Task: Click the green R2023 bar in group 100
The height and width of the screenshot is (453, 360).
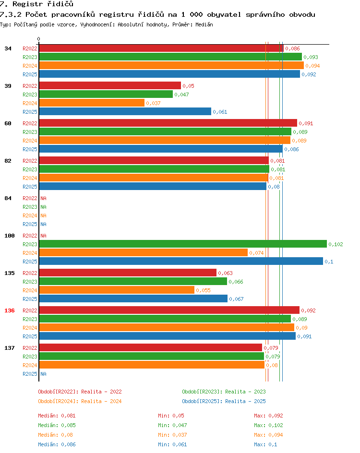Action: click(x=183, y=244)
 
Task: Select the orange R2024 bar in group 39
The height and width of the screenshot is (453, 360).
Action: click(x=92, y=103)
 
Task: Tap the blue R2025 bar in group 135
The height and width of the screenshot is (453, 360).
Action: click(x=133, y=299)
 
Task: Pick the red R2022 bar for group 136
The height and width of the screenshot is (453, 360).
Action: click(x=169, y=310)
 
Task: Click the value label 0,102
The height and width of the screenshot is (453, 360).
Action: click(x=336, y=244)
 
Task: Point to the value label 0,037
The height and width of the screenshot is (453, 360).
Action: click(x=153, y=104)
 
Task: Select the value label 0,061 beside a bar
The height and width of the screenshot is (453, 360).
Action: click(x=220, y=112)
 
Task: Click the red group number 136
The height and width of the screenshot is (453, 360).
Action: click(x=10, y=310)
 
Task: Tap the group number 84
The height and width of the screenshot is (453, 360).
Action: click(x=8, y=198)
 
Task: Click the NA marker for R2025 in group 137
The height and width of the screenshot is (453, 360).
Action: click(x=43, y=374)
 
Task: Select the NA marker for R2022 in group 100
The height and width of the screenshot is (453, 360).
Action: click(x=43, y=236)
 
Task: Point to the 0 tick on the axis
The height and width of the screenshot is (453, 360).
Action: click(x=39, y=39)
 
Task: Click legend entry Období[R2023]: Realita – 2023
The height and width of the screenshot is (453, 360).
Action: click(x=224, y=392)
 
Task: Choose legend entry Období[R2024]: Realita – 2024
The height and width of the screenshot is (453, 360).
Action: click(x=80, y=401)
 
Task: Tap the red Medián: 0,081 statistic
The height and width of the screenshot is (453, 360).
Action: click(x=57, y=416)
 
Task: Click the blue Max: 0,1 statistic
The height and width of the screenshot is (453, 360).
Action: click(x=265, y=445)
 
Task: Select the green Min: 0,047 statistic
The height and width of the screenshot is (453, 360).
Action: click(x=172, y=425)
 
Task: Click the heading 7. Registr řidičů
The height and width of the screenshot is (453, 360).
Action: click(x=36, y=4)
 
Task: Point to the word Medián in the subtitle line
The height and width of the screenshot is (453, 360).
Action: click(x=204, y=24)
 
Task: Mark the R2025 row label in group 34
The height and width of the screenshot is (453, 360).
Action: click(x=30, y=74)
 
